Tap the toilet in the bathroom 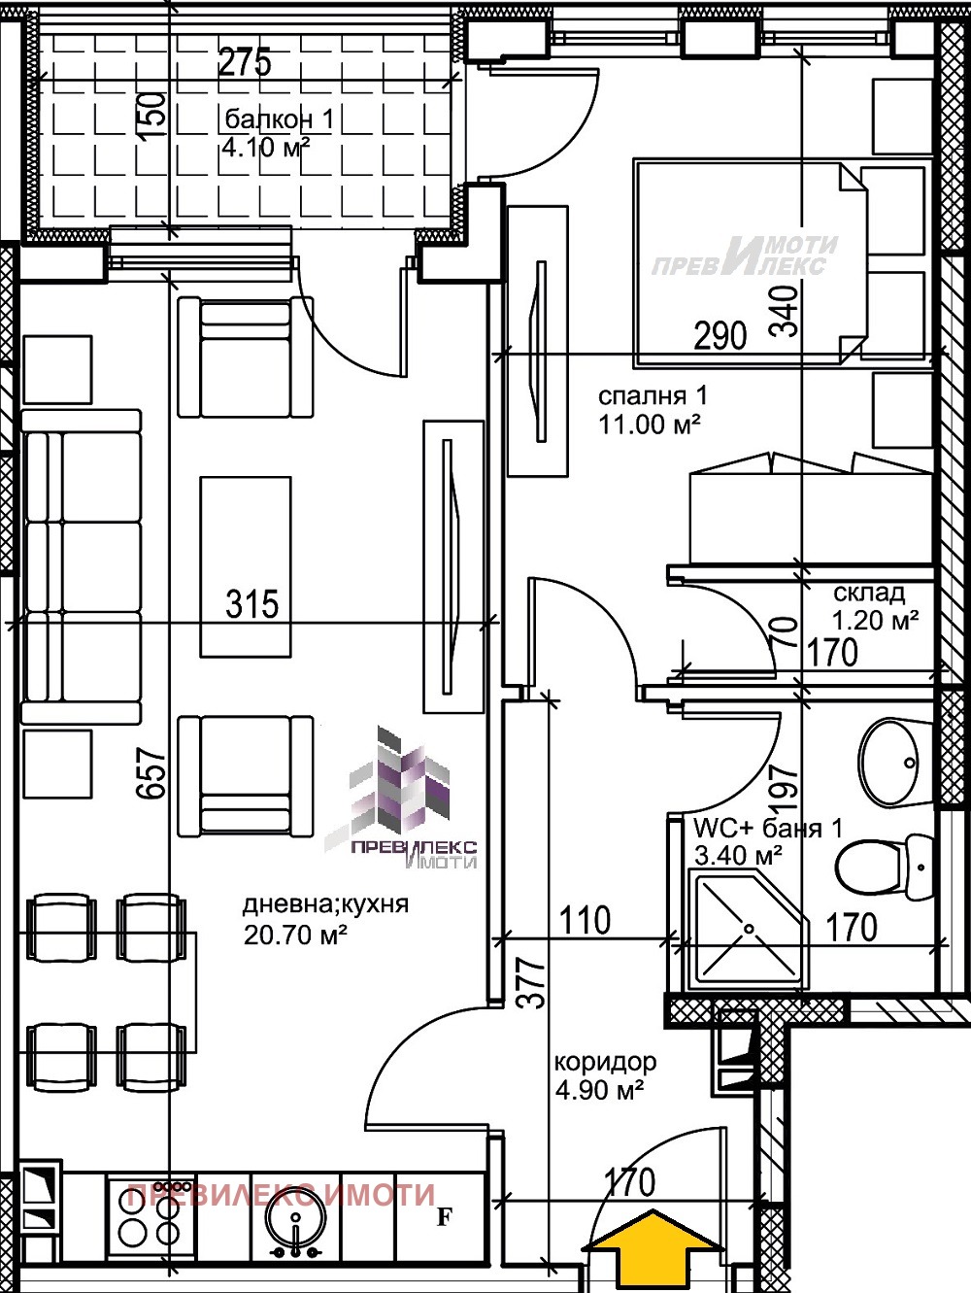click(x=885, y=866)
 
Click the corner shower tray click(x=749, y=933)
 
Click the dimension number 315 click(x=252, y=604)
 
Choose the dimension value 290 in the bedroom click(x=720, y=336)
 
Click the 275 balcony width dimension click(x=245, y=62)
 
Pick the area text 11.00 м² click(x=650, y=424)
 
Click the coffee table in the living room click(x=246, y=566)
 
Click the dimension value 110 click(x=585, y=920)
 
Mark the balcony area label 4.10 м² click(x=266, y=148)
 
